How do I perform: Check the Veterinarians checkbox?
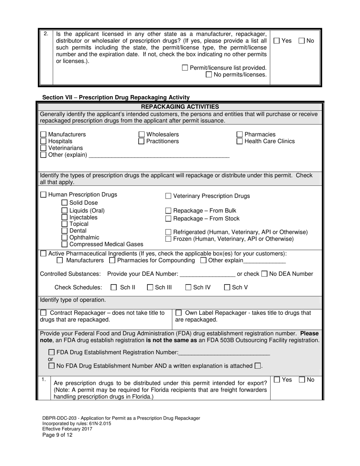[x=43, y=148]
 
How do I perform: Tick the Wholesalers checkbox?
[x=141, y=134]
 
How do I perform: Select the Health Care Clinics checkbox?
[x=239, y=141]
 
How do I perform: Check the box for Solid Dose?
[x=64, y=203]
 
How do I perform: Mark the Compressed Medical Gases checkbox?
[x=64, y=244]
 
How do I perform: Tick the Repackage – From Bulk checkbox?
[x=168, y=211]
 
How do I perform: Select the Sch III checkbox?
[x=150, y=288]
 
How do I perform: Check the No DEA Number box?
[x=265, y=274]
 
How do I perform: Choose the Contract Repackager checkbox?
[x=43, y=313]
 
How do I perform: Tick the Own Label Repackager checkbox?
[x=178, y=313]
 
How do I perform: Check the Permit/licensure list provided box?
[x=185, y=68]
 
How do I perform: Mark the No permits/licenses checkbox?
[x=209, y=75]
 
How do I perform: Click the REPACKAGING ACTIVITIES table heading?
[x=180, y=107]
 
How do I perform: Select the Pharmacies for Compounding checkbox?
[x=112, y=261]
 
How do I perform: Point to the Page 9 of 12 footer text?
[x=57, y=435]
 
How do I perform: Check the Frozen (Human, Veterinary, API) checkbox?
[x=168, y=239]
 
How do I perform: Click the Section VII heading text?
[x=116, y=97]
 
